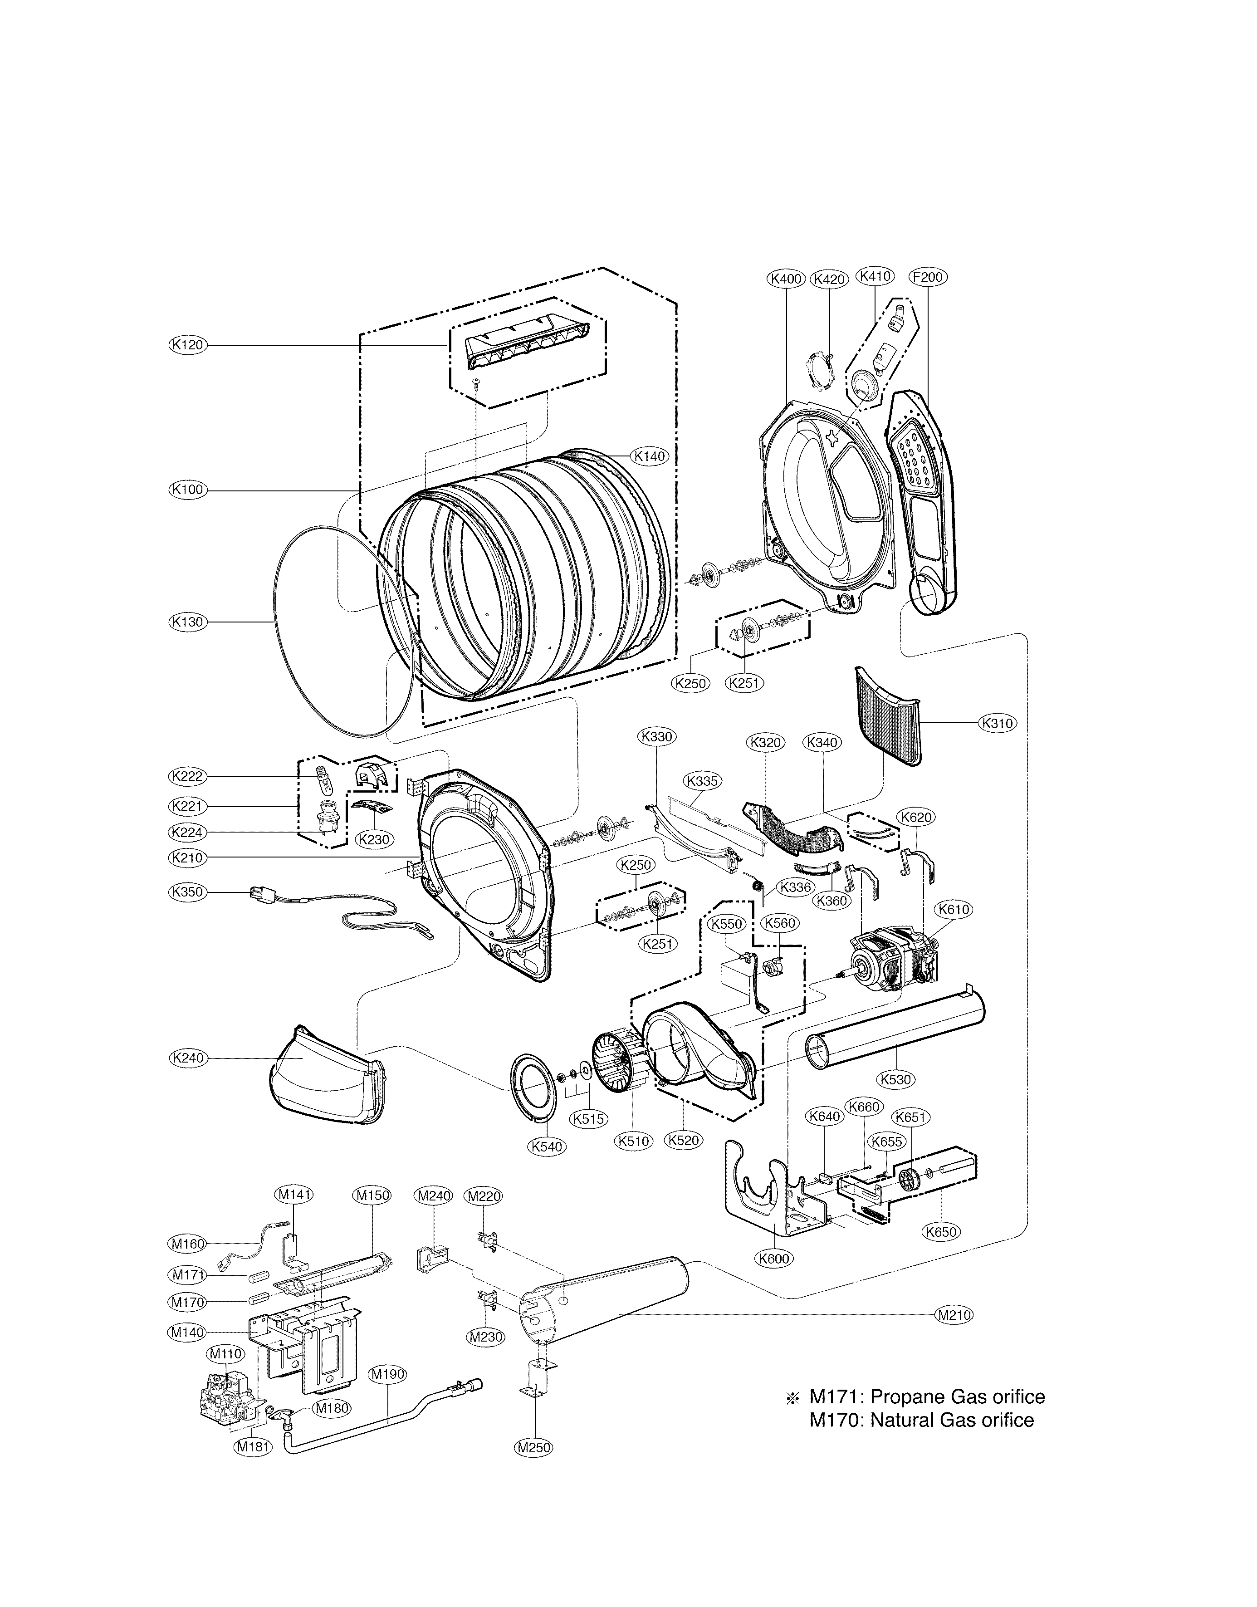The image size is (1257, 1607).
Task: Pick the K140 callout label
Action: (x=650, y=456)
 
